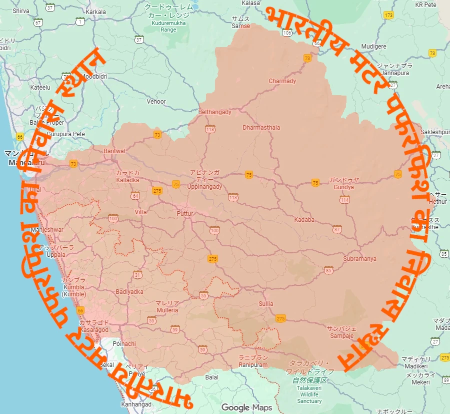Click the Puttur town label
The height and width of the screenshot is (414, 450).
[x=184, y=213]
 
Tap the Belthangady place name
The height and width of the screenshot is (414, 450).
[x=215, y=112]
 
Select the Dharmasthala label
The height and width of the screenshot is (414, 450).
[x=261, y=128]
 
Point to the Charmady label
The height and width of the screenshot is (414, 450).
[x=282, y=81]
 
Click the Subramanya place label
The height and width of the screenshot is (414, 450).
[x=359, y=259]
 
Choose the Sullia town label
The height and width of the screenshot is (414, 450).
[x=266, y=304]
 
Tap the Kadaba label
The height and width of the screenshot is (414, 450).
[x=304, y=220]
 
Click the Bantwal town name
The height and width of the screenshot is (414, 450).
[x=114, y=151]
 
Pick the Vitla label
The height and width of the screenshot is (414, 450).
[x=141, y=212]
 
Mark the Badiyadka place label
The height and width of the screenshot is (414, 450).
[x=129, y=291]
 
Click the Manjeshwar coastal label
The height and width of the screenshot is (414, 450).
[x=47, y=230]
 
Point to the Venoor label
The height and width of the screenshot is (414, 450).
[x=156, y=102]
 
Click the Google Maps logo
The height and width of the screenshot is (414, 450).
[x=247, y=407]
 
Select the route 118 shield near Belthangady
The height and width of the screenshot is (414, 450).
[x=210, y=130]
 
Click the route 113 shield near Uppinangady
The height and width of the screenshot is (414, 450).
[x=233, y=198]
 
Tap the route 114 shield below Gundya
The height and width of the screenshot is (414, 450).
[x=344, y=200]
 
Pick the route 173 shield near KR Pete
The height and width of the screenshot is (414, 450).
[x=389, y=16]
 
